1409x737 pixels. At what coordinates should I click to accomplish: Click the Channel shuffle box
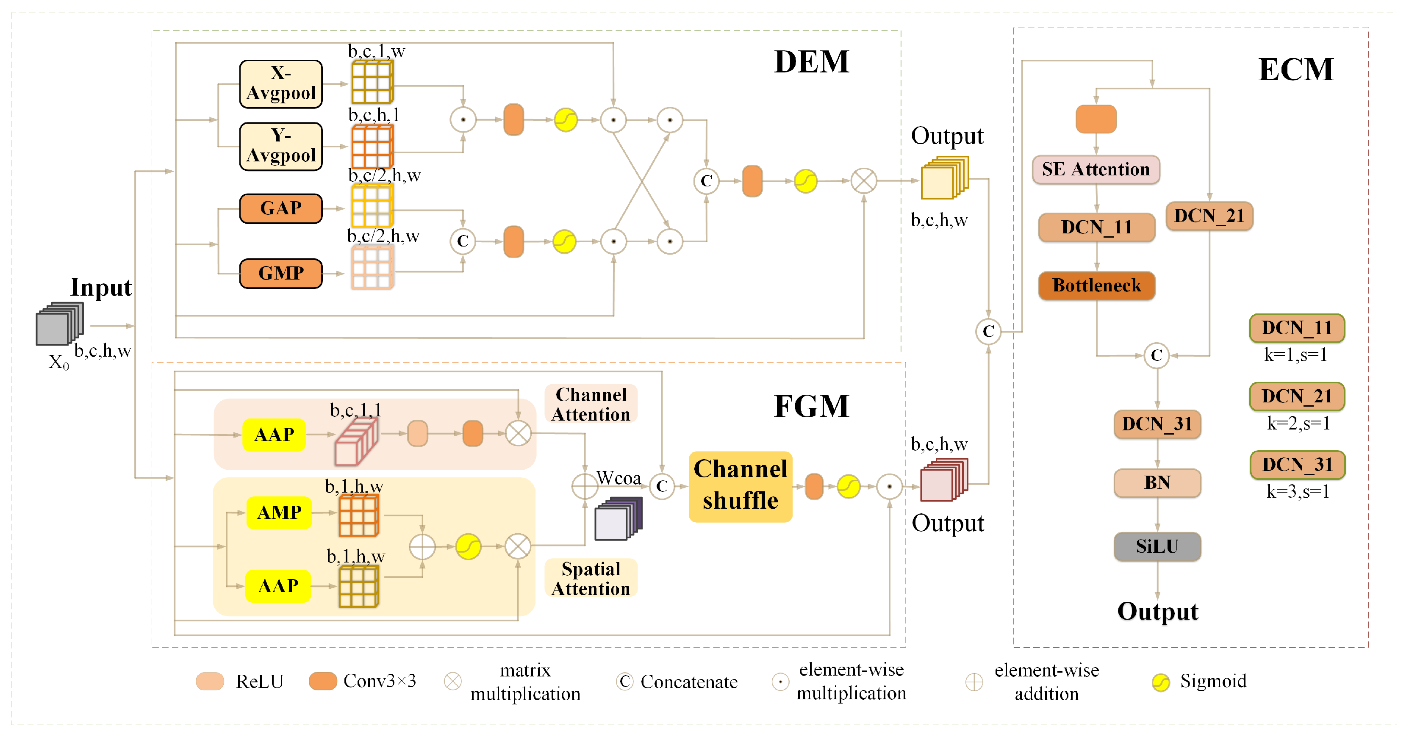click(x=740, y=485)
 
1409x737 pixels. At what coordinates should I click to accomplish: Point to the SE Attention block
click(x=1096, y=169)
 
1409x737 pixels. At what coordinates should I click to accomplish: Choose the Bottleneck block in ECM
click(x=1097, y=285)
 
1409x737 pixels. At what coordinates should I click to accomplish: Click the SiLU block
click(x=1157, y=546)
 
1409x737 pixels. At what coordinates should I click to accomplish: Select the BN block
click(x=1157, y=483)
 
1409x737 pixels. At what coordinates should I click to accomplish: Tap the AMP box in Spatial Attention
click(x=279, y=512)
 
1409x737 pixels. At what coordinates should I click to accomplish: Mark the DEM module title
click(x=812, y=61)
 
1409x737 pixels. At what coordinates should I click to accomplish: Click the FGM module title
click(x=812, y=406)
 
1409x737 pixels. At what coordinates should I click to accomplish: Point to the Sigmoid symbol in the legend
click(x=1161, y=682)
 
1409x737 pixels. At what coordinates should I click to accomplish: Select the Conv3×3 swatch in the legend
click(x=323, y=681)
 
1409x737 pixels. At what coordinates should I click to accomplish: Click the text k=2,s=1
click(x=1298, y=423)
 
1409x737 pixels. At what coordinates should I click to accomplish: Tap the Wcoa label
click(x=619, y=478)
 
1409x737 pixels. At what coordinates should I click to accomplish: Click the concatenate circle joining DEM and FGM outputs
click(x=988, y=331)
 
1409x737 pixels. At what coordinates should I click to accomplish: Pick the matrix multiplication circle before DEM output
click(x=864, y=181)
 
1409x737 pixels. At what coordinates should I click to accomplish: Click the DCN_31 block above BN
click(x=1157, y=424)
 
